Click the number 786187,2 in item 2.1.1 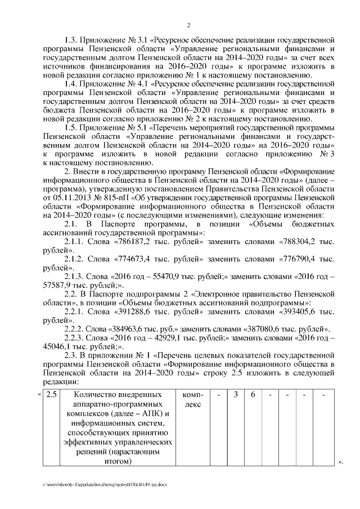pos(134,241)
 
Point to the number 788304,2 pos(300,241)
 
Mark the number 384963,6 pos(130,328)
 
